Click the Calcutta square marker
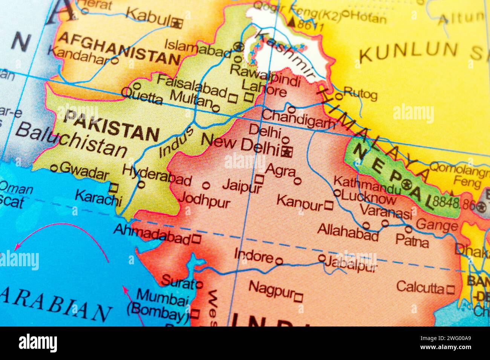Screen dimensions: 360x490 [450, 289]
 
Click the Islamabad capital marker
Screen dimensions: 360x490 [238, 47]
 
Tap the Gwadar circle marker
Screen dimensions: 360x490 [54, 168]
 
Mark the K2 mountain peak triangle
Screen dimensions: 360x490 [292, 21]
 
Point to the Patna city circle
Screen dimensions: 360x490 [409, 229]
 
